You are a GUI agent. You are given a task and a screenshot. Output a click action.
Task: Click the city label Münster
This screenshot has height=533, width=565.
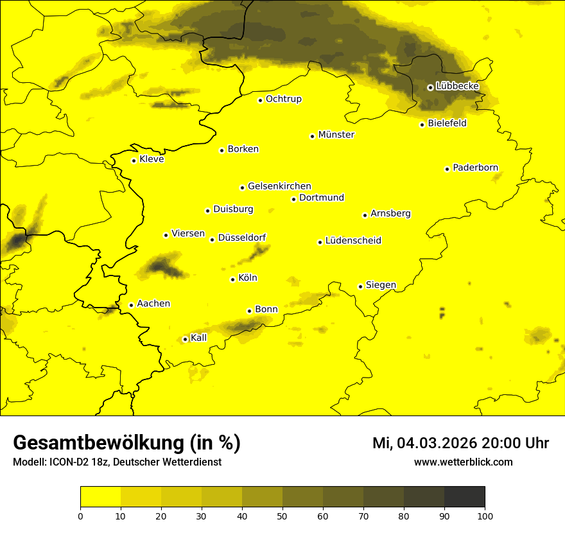click(336, 135)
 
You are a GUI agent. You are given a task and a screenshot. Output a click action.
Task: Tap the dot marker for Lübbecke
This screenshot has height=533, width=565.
click(430, 87)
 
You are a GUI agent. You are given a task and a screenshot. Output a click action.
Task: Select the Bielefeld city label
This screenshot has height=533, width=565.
click(447, 123)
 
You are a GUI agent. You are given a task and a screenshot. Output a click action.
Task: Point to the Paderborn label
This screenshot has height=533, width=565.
click(475, 168)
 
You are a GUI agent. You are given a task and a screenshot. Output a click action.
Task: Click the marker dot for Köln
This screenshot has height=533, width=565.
click(232, 279)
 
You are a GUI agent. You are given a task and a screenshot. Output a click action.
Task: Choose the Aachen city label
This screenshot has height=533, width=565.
click(153, 304)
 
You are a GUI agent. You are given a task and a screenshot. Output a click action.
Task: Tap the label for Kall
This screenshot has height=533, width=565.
click(198, 338)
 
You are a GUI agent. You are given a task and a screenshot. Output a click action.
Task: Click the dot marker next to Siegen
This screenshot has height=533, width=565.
click(360, 286)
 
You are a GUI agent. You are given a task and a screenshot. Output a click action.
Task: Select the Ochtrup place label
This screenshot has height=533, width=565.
click(283, 99)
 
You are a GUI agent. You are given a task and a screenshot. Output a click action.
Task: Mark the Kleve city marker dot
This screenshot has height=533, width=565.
click(134, 161)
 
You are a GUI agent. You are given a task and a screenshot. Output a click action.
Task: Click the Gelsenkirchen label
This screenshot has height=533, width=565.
click(279, 186)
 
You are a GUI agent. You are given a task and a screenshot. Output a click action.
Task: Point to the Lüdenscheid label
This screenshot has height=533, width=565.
click(353, 241)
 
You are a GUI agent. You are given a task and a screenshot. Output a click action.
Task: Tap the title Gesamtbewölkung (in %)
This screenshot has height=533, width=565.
click(126, 443)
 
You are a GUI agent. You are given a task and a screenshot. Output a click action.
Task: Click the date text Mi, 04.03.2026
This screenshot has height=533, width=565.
click(424, 443)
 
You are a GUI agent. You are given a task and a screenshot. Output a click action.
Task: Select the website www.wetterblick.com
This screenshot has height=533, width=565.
click(463, 462)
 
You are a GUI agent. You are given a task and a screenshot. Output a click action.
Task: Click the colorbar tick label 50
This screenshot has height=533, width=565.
click(282, 516)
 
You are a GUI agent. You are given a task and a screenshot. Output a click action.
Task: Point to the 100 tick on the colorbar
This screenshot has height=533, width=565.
click(485, 516)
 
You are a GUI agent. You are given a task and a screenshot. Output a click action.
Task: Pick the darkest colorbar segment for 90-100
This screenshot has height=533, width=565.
click(464, 496)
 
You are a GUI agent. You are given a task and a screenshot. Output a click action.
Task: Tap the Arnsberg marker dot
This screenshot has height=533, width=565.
click(365, 215)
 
